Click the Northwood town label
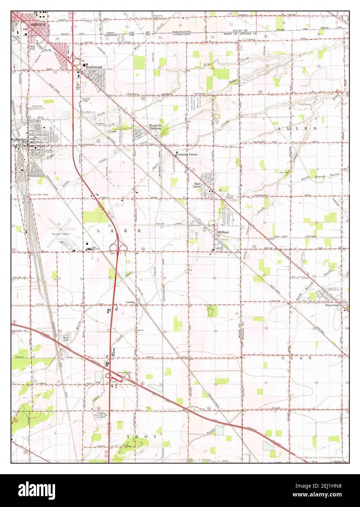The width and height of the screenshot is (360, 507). coord(94,67)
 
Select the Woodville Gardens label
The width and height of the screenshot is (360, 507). coord(157,128)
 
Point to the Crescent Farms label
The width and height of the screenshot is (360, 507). coord(187,155)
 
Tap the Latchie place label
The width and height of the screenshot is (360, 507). coord(131,302)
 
